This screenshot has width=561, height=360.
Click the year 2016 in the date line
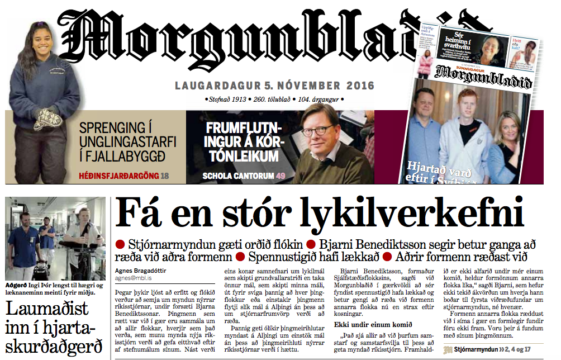pos(359,86)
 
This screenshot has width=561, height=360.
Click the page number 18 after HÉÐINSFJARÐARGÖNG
pos(164,176)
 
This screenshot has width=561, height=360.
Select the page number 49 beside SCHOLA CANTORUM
pos(280,176)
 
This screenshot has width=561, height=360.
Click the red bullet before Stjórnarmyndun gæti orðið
pos(120,244)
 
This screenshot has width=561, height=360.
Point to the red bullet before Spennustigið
pos(240,258)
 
